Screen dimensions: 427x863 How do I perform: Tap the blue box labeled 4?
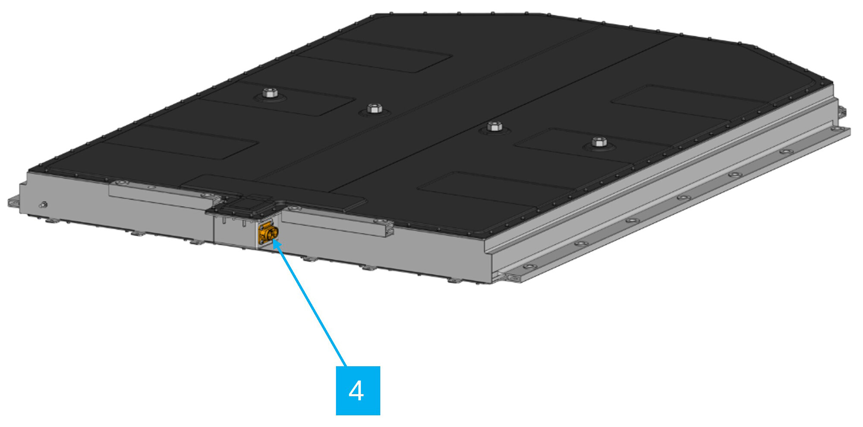point(358,390)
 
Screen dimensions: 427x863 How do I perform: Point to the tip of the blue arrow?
point(274,242)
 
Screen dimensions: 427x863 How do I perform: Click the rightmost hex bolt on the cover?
point(599,142)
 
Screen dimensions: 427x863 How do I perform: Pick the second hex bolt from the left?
point(374,108)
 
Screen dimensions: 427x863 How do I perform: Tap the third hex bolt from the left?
point(494,126)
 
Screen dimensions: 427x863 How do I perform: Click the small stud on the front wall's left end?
point(43,205)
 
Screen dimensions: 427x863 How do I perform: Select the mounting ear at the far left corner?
point(13,201)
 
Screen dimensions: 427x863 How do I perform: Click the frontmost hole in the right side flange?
point(530,267)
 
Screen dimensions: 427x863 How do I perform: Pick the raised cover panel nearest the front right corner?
point(492,190)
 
